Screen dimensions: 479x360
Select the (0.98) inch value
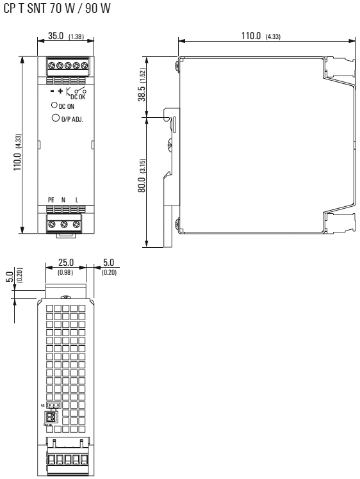click(67, 273)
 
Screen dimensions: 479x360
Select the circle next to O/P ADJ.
click(56, 118)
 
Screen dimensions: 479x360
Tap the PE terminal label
click(52, 200)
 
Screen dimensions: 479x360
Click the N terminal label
click(63, 200)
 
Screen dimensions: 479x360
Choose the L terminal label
click(76, 200)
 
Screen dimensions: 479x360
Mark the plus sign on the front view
click(60, 93)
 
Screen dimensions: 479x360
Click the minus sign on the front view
click(52, 93)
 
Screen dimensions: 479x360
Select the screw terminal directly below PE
click(52, 223)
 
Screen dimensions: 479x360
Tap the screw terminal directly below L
click(76, 223)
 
